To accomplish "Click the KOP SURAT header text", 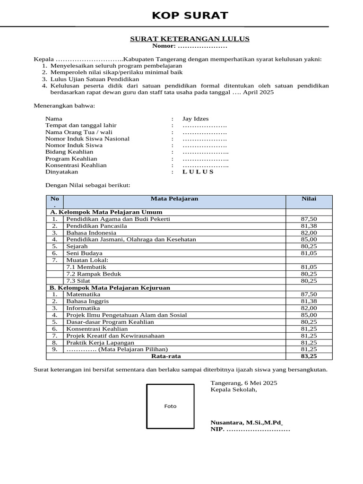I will (x=190, y=16).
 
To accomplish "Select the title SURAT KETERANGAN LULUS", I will (x=190, y=39).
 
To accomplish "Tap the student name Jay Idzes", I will (x=195, y=119).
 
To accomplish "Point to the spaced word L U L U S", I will (x=198, y=172).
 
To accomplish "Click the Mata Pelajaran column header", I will (x=174, y=199).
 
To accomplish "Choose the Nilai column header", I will (x=309, y=199).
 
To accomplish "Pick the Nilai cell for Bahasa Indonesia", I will (x=309, y=233).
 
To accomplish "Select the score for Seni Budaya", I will (x=309, y=253).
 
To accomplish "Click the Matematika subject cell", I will (x=83, y=294).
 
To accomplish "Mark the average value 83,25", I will (x=309, y=356).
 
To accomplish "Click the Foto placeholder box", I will (x=170, y=406).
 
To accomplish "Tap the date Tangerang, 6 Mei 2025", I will (x=244, y=382).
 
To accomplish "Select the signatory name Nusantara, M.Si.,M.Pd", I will (x=246, y=422).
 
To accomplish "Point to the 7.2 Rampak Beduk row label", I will (x=94, y=274).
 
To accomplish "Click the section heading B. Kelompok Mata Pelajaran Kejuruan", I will (x=110, y=287).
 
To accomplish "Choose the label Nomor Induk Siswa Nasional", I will (x=87, y=138).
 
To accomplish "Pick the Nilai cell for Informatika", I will (x=309, y=308).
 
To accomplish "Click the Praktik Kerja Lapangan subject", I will (x=100, y=342).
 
